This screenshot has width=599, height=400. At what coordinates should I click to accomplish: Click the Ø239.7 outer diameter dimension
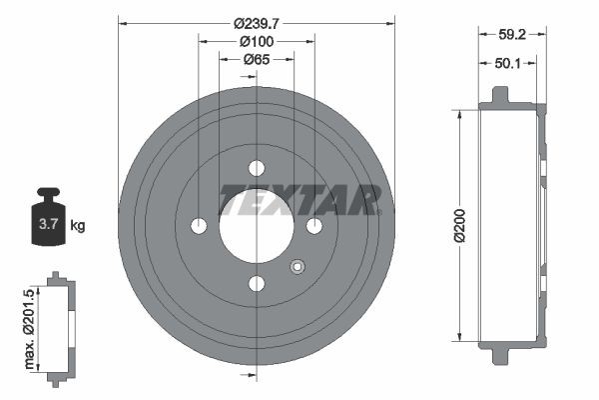click(x=257, y=22)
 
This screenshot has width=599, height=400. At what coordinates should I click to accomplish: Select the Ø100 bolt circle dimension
click(x=257, y=41)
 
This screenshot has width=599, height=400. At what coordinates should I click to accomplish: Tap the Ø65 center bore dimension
click(x=258, y=60)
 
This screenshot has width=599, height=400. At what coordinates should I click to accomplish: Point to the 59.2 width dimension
click(x=512, y=34)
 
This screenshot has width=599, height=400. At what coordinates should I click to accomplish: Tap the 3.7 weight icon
click(x=47, y=224)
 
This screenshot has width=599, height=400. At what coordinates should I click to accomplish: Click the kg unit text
click(x=78, y=226)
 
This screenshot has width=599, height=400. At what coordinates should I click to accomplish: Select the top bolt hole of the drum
click(x=257, y=167)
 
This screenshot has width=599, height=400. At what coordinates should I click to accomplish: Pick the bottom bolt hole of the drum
click(x=257, y=284)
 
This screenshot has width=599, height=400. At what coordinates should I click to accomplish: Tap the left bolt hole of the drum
click(x=199, y=225)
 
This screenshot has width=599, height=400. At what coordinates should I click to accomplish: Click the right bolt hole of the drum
click(x=314, y=225)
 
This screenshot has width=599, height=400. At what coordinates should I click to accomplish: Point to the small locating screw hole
click(x=297, y=266)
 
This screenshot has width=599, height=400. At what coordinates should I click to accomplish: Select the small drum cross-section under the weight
click(x=61, y=326)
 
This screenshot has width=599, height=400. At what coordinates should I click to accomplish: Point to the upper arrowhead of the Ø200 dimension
click(x=460, y=113)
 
